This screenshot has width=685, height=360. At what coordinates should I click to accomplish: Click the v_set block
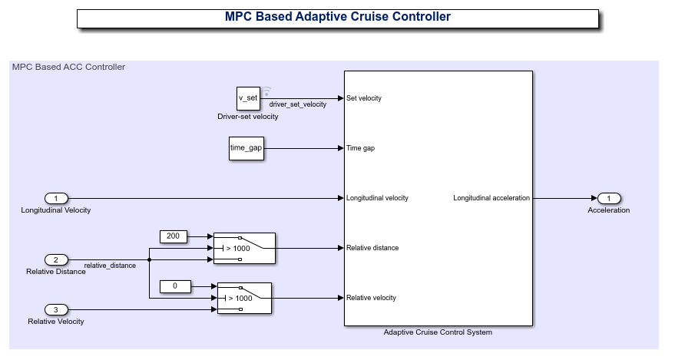(x=248, y=98)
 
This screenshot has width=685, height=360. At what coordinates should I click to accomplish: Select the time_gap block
(x=246, y=148)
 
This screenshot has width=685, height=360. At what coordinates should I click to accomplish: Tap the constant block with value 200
(x=173, y=236)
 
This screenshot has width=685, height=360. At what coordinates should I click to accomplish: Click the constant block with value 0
(x=174, y=286)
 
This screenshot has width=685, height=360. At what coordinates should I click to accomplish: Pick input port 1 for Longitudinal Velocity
(x=55, y=198)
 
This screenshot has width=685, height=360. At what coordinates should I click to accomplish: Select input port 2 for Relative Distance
(x=55, y=259)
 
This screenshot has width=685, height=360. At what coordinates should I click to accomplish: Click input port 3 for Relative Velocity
(x=55, y=309)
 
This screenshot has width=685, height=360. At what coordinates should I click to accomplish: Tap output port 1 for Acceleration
(x=608, y=198)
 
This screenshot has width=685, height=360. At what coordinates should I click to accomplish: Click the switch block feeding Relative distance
(x=243, y=248)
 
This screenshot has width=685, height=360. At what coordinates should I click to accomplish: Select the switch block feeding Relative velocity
(x=243, y=298)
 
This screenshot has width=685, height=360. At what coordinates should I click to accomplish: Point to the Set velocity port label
(x=364, y=98)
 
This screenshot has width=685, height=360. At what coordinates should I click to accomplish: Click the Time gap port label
(x=360, y=148)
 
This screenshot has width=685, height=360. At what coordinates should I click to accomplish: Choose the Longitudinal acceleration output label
(x=491, y=198)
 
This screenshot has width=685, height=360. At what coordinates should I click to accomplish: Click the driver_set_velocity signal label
(x=297, y=104)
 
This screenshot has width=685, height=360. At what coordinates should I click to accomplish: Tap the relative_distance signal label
(x=110, y=266)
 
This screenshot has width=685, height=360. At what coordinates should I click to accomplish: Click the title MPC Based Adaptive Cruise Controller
(x=337, y=17)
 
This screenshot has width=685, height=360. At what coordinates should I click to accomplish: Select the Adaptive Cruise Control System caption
(x=438, y=332)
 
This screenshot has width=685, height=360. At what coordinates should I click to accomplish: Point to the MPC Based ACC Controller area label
(x=68, y=67)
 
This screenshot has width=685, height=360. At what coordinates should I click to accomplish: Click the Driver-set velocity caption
(x=248, y=117)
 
